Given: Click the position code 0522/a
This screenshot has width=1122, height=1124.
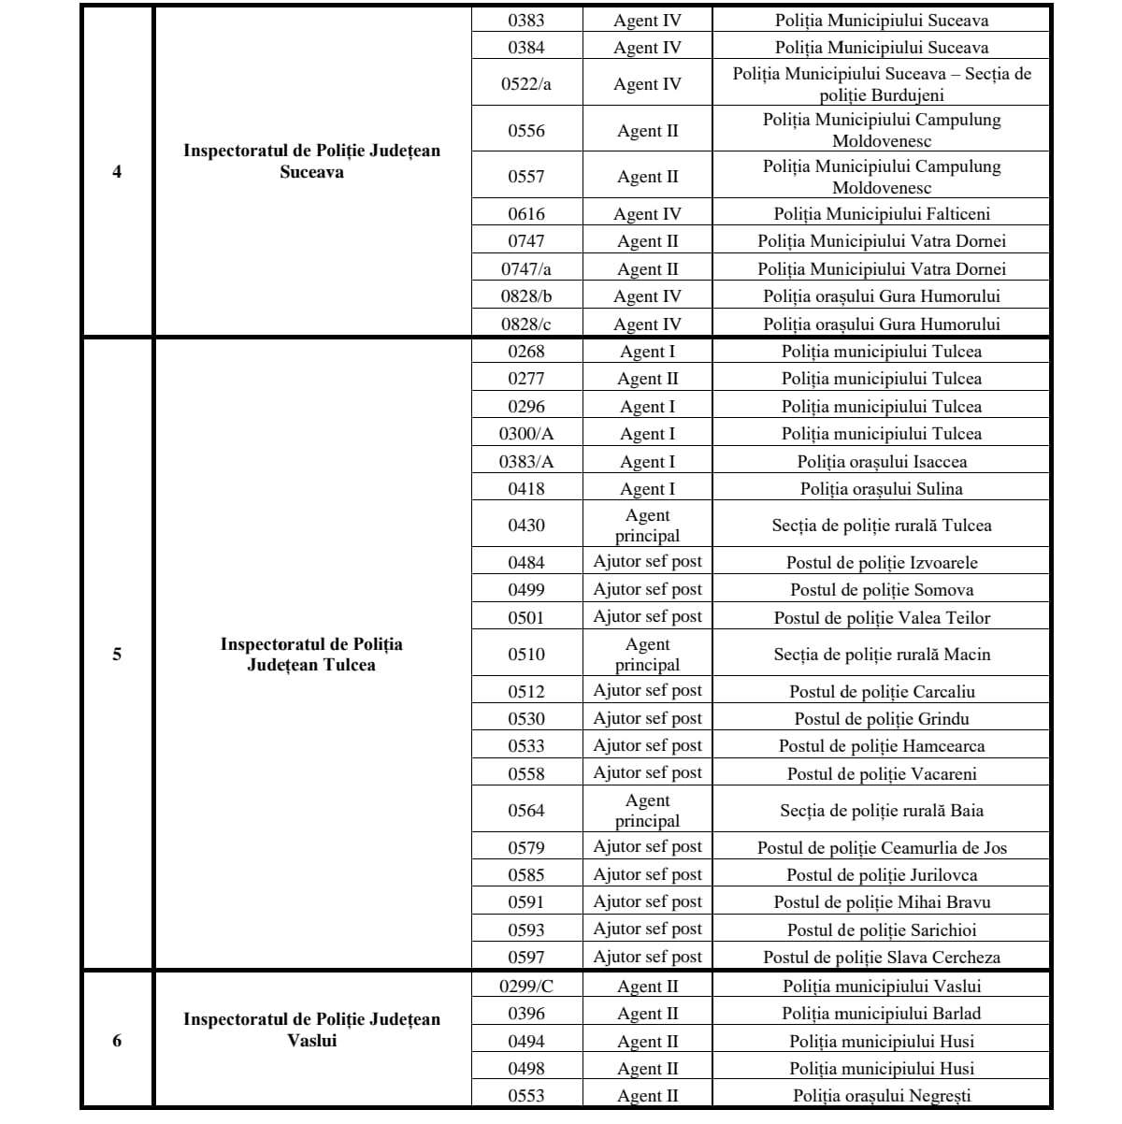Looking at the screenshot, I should [x=526, y=84].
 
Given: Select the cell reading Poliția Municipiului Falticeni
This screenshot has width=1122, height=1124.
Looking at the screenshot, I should [x=882, y=214].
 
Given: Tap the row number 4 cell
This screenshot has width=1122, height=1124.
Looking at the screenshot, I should [x=117, y=172].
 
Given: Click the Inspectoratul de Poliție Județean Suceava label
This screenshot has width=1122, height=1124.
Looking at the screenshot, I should [x=311, y=161].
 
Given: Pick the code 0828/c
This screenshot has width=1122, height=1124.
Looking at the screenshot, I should [x=526, y=324].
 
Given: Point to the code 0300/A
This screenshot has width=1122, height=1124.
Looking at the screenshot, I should [x=526, y=434].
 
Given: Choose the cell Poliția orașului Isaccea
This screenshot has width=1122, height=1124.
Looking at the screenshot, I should [x=882, y=462].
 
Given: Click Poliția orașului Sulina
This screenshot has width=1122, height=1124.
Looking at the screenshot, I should [x=882, y=489].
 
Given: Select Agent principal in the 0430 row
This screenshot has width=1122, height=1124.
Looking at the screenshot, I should [x=647, y=526].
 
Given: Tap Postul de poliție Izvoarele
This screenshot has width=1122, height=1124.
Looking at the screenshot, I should [x=882, y=563].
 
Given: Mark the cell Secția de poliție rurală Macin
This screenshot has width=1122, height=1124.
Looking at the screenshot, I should [x=882, y=655].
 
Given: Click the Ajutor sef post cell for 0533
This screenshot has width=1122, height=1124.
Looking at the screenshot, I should [x=647, y=746].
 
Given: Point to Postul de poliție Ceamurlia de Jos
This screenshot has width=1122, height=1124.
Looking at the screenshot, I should [x=882, y=848].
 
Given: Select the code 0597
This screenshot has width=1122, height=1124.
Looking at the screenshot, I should [x=526, y=958].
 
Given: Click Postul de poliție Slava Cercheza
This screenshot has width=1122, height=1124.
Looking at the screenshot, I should [x=882, y=958].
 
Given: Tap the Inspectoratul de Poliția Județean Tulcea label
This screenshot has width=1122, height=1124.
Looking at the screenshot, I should [x=311, y=655].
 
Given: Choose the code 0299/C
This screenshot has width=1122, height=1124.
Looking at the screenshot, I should [x=526, y=987].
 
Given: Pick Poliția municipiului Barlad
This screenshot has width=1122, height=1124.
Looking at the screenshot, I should [x=882, y=1014].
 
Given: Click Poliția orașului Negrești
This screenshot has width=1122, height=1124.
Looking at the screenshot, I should [x=882, y=1096].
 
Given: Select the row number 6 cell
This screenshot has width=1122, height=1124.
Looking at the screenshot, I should [x=117, y=1041].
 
